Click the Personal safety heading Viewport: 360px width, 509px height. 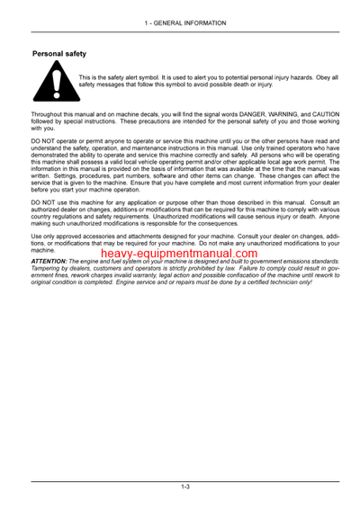[59, 55]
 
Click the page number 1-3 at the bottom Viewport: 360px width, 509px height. [184, 487]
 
